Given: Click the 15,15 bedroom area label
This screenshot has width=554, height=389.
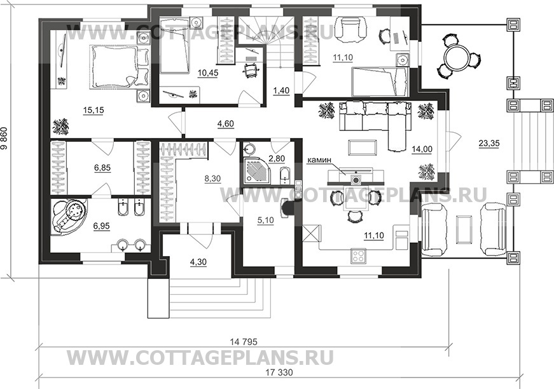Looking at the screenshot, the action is (93, 111).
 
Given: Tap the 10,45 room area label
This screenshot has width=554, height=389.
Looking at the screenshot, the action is (208, 73).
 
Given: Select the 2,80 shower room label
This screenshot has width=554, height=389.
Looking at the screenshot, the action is (277, 159).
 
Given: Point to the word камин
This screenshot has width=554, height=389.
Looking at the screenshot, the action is (319, 160).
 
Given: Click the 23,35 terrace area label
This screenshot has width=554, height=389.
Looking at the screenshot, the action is (488, 144).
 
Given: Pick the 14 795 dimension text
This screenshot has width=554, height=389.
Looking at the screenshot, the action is (244, 342).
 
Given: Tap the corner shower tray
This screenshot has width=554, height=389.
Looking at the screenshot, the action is (258, 172).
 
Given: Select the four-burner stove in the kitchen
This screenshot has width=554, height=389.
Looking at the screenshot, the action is (359, 256).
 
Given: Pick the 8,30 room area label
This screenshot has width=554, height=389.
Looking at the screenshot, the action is (212, 179).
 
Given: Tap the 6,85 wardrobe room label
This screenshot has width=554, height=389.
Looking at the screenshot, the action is (102, 168).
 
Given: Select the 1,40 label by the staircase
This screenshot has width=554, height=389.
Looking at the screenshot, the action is (281, 91).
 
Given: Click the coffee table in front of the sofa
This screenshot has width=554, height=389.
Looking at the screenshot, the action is (363, 147).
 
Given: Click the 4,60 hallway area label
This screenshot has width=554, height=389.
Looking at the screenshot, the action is (225, 124).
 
